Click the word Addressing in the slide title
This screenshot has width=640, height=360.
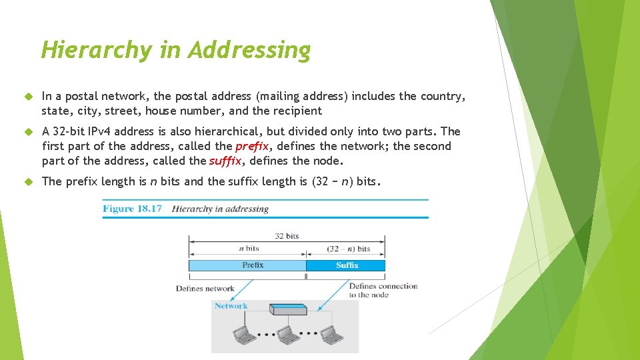point(249,50)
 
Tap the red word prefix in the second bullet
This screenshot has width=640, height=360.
point(252,146)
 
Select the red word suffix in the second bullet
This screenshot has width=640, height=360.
point(225,161)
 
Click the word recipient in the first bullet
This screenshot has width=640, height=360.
point(295,111)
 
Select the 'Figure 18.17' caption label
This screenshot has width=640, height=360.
point(132,209)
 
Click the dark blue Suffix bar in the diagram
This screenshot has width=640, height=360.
point(346,265)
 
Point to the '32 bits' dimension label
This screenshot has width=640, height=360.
point(287,236)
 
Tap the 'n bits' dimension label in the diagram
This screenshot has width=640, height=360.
point(248,249)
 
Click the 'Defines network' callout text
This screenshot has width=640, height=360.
point(205,289)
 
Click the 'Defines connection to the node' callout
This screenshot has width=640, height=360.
point(383,290)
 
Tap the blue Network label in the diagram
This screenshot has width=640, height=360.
point(231,306)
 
